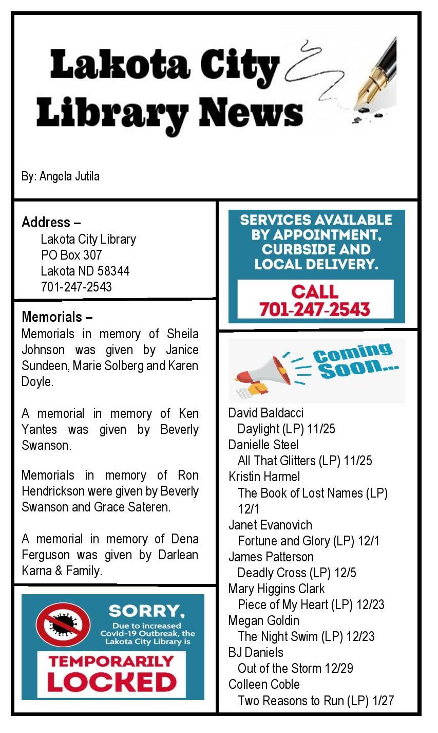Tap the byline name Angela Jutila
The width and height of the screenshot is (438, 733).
click(x=69, y=176)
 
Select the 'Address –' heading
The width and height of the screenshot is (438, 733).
click(x=51, y=223)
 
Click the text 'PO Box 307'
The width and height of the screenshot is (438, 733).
click(x=71, y=255)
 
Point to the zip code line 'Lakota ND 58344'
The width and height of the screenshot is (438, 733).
click(x=85, y=271)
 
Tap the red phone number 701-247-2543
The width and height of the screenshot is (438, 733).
click(x=314, y=309)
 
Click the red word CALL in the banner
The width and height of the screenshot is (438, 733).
click(x=315, y=292)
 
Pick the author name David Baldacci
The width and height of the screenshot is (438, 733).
click(x=266, y=413)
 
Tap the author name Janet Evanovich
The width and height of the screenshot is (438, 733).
click(x=270, y=525)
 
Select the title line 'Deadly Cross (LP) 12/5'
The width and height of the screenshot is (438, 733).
click(x=297, y=573)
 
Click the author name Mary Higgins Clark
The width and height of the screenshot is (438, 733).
click(x=276, y=589)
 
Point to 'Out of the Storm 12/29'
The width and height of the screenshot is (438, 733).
click(x=295, y=668)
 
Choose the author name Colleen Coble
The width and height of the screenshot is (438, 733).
click(x=264, y=684)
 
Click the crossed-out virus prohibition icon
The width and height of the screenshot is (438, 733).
click(x=63, y=624)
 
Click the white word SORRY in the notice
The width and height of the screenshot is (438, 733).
click(x=147, y=611)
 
